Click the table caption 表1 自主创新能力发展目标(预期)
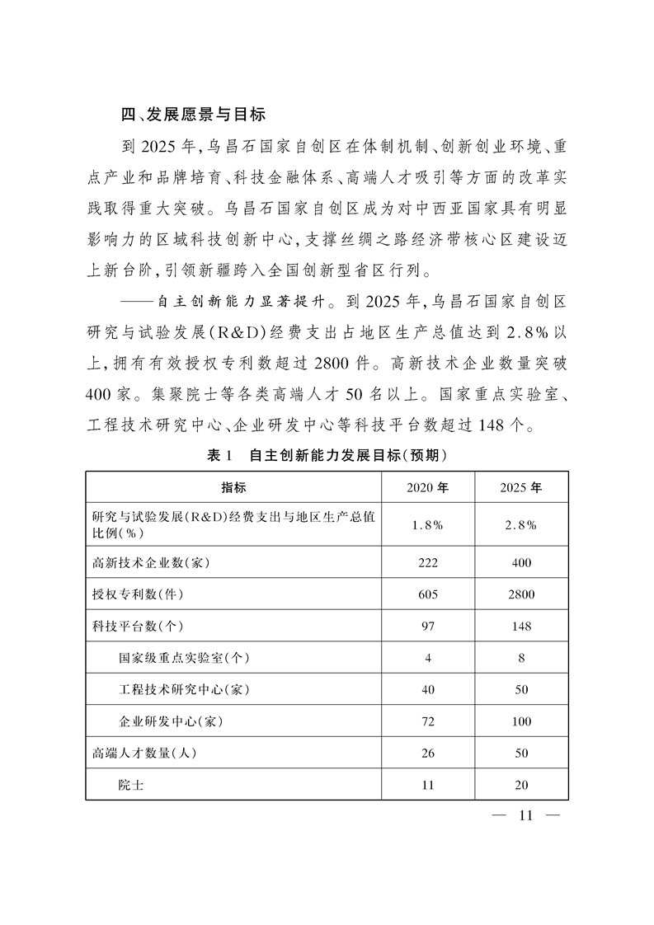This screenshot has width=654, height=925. click(327, 454)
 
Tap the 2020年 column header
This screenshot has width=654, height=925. click(427, 486)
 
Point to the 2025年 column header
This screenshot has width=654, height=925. click(520, 486)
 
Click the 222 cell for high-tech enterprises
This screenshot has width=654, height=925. click(427, 563)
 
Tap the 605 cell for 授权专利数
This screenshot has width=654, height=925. click(427, 594)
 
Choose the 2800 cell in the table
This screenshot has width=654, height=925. click(520, 594)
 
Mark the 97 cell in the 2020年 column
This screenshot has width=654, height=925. click(427, 626)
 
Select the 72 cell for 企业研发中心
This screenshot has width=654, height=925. click(427, 721)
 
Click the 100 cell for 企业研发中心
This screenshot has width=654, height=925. click(520, 721)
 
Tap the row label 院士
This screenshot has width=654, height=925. click(131, 785)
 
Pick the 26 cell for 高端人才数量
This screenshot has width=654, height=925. click(427, 753)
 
